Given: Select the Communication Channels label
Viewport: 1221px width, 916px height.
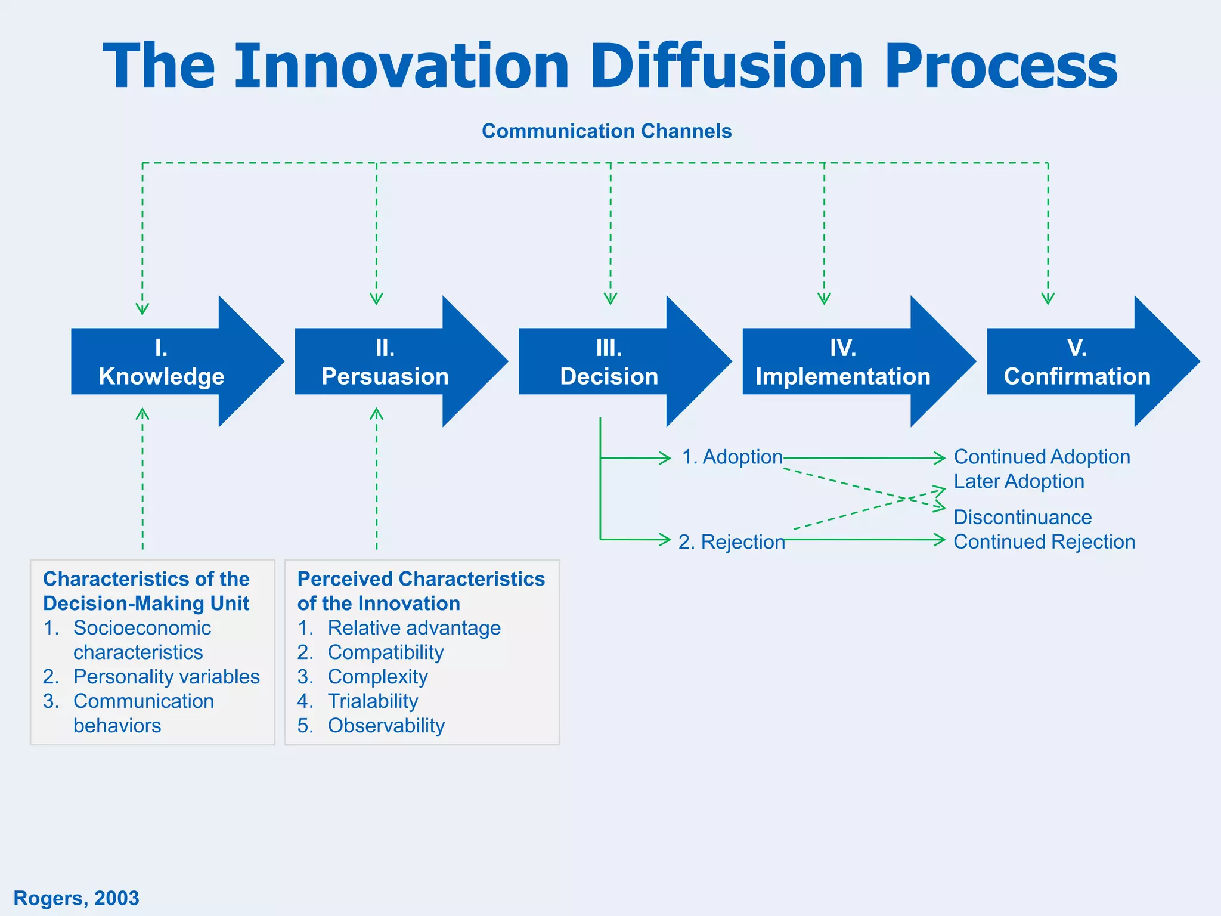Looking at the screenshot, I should coord(606,131).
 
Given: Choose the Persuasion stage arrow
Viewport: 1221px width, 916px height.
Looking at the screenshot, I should coord(386,362).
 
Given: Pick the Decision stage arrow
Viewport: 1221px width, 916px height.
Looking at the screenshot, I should coord(609,362).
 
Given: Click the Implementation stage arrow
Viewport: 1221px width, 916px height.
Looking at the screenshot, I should coord(842,362).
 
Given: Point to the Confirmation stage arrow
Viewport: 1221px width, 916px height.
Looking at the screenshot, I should coord(1077,362).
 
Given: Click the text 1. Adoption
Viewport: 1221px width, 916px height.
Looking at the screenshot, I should coord(732,457).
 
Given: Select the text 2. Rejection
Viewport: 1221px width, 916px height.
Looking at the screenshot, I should coord(732,541).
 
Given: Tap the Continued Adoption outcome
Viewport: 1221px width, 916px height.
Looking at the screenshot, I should coord(1042,457).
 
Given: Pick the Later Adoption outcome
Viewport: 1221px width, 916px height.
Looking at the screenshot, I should coord(1018,481).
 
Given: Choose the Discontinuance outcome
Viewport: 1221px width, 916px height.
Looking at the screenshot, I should coord(1022,517).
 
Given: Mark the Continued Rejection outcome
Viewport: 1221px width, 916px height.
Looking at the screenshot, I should coord(1044,541).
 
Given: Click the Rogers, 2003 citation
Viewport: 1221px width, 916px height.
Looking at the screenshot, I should coord(76,898).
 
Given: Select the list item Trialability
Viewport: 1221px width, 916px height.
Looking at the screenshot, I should coord(373,701).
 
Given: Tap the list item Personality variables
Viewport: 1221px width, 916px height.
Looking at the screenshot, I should coord(166,677).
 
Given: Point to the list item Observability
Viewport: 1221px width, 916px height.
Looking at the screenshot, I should coord(386,726).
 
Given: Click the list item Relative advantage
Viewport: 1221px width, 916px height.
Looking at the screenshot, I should coord(414,628).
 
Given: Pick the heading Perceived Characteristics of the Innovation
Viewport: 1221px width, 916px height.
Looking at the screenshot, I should coord(420,591).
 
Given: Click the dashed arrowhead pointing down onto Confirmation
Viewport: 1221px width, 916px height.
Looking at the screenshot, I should coord(1048,299).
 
